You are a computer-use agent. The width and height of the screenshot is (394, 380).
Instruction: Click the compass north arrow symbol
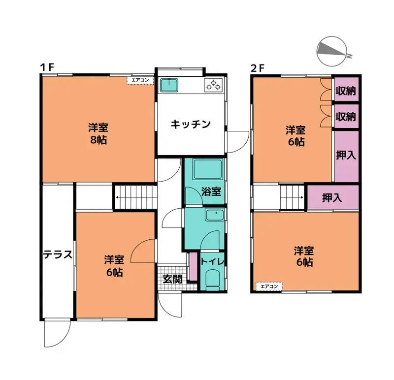point(332,51)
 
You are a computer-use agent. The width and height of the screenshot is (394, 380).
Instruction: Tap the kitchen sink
point(169,85)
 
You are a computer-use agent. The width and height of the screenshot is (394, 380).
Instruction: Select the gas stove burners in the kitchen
point(214,85)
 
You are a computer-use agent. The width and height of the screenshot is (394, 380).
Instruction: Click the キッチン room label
point(191,124)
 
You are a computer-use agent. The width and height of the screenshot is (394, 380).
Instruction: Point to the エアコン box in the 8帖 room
point(140,80)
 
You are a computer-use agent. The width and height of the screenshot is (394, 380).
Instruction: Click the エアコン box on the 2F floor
point(269,286)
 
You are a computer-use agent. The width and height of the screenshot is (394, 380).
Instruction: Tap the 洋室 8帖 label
point(98,134)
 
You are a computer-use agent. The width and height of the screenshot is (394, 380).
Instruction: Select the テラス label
point(58,254)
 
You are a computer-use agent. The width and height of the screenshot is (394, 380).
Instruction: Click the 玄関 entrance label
point(172,279)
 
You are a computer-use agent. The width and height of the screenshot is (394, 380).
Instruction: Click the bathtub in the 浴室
point(207,169)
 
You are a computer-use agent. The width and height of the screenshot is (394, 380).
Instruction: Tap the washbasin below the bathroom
point(215,215)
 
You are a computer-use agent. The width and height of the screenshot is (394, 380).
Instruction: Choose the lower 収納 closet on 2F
point(346,116)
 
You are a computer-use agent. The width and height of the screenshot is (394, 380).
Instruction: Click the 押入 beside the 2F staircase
point(333,198)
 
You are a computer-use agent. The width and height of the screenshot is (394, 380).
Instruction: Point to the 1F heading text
point(47,67)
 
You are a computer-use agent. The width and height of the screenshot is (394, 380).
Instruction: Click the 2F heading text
point(258,68)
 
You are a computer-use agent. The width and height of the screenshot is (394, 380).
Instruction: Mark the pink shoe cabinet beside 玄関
point(193,266)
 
